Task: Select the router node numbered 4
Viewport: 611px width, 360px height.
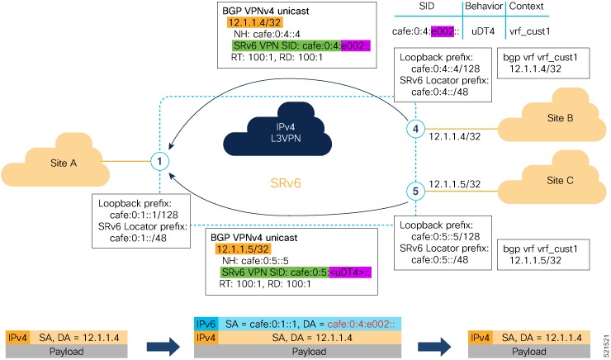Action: [418, 130]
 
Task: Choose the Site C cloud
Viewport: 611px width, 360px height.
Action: [552, 182]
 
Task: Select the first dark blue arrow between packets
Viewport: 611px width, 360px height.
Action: [160, 339]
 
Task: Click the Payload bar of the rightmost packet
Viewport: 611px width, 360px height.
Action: [518, 350]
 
